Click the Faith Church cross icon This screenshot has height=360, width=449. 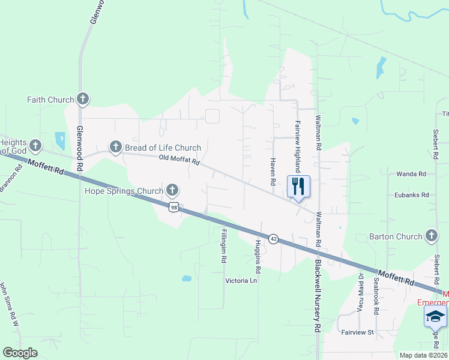(83, 99)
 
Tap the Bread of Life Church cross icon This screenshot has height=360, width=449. (115, 146)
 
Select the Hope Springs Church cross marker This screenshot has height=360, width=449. (172, 191)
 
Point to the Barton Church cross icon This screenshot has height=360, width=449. (431, 236)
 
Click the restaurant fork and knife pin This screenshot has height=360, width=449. (298, 187)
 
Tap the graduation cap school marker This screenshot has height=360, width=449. (435, 316)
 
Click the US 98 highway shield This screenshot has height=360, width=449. (173, 207)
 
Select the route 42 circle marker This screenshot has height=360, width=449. (273, 239)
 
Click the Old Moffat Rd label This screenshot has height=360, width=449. (179, 160)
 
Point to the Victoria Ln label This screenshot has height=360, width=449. (240, 281)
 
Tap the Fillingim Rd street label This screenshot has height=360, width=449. (224, 245)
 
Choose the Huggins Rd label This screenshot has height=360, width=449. (258, 253)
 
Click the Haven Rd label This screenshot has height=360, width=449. (273, 172)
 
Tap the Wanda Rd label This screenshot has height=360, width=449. (411, 174)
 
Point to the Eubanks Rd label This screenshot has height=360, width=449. (411, 195)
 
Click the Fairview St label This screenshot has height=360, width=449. (357, 332)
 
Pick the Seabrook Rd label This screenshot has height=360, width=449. (376, 295)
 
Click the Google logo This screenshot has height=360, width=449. (20, 353)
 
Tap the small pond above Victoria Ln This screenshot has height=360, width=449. (186, 278)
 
